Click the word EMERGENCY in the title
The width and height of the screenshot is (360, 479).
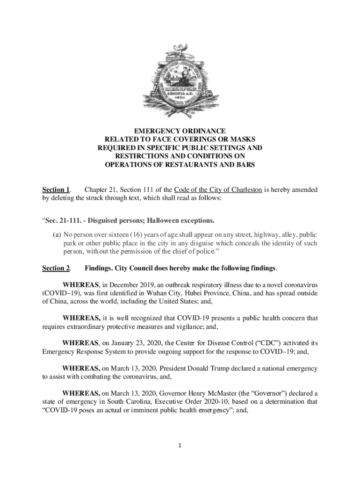[x=152, y=131]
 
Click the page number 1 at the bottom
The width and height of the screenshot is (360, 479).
[x=180, y=445]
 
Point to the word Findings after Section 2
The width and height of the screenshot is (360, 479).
[x=99, y=268]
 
